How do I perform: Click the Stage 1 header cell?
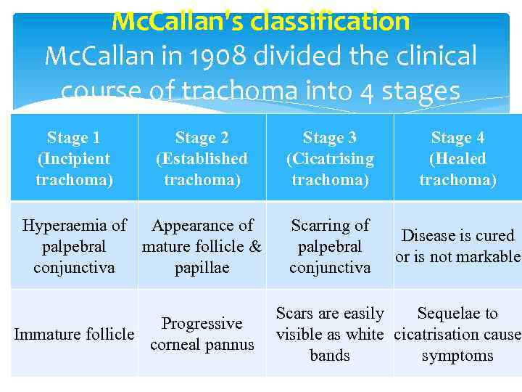pyautogui.click(x=74, y=158)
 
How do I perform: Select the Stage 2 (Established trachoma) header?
pyautogui.click(x=202, y=158)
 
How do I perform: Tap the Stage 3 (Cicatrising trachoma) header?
pyautogui.click(x=330, y=158)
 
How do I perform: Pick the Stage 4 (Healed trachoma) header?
pyautogui.click(x=457, y=158)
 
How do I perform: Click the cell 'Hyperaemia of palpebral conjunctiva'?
pyautogui.click(x=74, y=246)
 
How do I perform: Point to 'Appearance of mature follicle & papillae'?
pyautogui.click(x=202, y=246)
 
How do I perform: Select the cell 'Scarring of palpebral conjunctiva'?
pyautogui.click(x=330, y=246)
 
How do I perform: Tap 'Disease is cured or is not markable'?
pyautogui.click(x=457, y=246)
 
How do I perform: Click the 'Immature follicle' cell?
pyautogui.click(x=74, y=334)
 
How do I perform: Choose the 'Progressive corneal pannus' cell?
pyautogui.click(x=202, y=334)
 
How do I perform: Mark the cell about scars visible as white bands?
pyautogui.click(x=330, y=334)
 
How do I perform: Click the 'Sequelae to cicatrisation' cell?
pyautogui.click(x=457, y=334)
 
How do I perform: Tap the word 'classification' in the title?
pyautogui.click(x=330, y=22)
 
